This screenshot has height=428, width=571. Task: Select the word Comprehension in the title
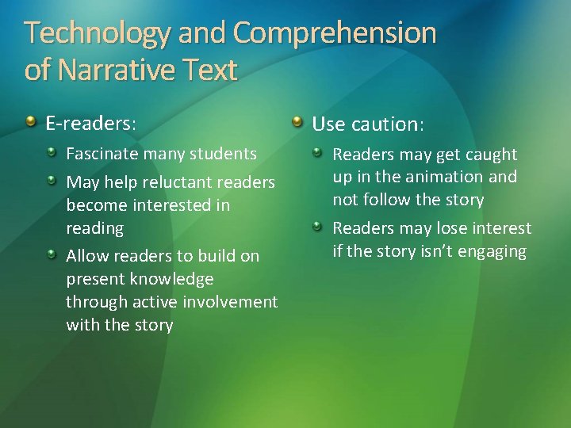coord(335,33)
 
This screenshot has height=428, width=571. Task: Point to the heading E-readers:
coord(90,124)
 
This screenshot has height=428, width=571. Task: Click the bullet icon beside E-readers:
coord(30,122)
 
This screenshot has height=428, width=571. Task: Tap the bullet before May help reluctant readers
coord(51,180)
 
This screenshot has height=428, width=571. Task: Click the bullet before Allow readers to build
coord(51,254)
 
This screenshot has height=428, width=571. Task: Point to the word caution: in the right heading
coord(389,124)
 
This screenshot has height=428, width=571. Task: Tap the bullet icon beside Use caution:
coord(297,122)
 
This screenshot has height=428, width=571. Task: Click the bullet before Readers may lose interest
coord(317,227)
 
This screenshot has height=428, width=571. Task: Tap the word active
coord(153,302)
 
